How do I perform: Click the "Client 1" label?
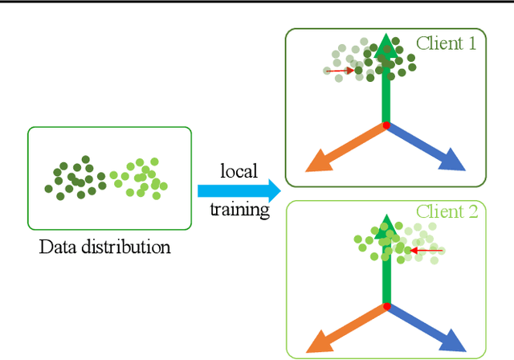(446, 43)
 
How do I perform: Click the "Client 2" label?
(447, 212)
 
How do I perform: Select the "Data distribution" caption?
(105, 247)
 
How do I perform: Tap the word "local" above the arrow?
(239, 171)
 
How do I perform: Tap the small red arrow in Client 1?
(340, 71)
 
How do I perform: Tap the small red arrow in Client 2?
(426, 251)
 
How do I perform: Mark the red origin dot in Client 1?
(386, 126)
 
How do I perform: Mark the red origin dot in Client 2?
(386, 306)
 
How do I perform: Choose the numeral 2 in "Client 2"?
(471, 212)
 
